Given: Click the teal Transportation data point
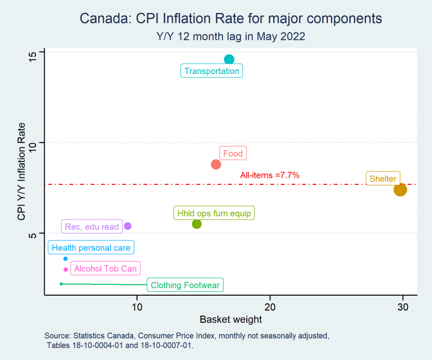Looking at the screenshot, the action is pos(229,59).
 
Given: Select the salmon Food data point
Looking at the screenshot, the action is pos(216,164).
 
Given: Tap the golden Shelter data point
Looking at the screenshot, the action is pos(400,190).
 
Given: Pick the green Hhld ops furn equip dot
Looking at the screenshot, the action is pos(197,224).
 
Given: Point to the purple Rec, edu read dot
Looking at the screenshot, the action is pos(127,226).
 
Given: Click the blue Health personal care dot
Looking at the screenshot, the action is pos(65,259).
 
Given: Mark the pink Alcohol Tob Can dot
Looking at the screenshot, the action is pos(65,270).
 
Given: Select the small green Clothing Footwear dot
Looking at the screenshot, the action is pos(61,284).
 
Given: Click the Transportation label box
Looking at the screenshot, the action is pos(212,71).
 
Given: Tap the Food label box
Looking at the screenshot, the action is pos(233,153).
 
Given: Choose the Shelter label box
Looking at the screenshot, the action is pos(383,178).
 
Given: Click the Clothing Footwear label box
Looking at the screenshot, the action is pos(185,285).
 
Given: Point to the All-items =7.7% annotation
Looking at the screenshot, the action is pos(269,175).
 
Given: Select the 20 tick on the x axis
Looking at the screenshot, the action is pos(270,307).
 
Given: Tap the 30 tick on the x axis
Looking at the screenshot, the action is pos(403,307).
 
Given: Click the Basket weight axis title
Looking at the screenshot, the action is pos(231,319).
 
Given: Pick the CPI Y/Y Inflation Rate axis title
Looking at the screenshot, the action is pos(21,171).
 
